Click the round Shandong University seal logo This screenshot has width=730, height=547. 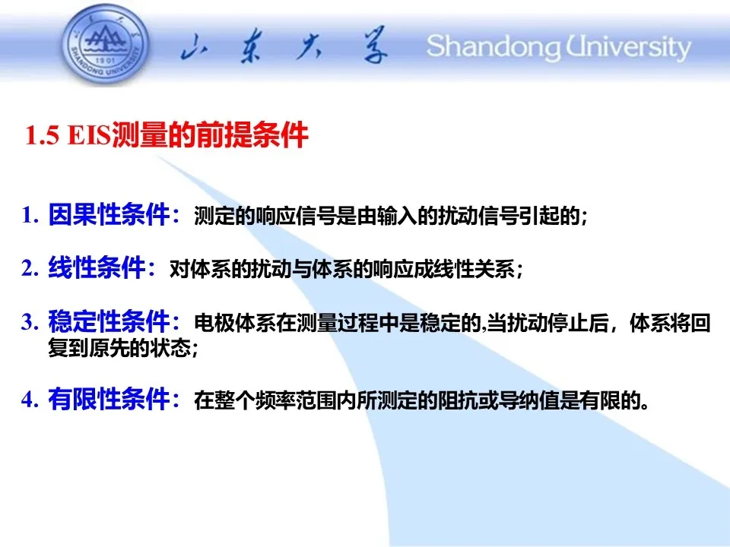point(106,46)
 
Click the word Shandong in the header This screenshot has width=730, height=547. point(494,47)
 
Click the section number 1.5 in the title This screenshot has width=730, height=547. point(43,135)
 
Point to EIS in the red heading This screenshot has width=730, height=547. point(89,135)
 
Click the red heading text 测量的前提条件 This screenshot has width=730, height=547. point(210,135)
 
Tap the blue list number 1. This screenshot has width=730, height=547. point(30,215)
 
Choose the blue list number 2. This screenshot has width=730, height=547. point(30,268)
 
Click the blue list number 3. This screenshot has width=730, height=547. point(30,322)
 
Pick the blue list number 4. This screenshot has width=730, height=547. point(30,399)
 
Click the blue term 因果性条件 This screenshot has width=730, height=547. point(109,214)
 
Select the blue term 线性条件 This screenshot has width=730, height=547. point(97,268)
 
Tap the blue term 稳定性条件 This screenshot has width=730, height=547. point(109,321)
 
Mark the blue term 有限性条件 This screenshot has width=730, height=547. point(109,399)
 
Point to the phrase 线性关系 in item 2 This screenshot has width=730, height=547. point(474,269)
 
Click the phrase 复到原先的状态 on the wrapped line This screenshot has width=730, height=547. point(119,347)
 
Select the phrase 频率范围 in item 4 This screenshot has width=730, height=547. point(296,400)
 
